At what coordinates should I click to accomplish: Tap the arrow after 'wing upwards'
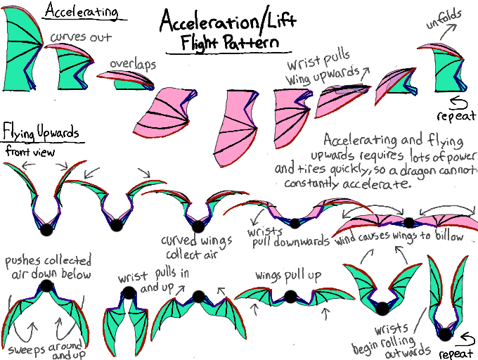pyautogui.click(x=364, y=72)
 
